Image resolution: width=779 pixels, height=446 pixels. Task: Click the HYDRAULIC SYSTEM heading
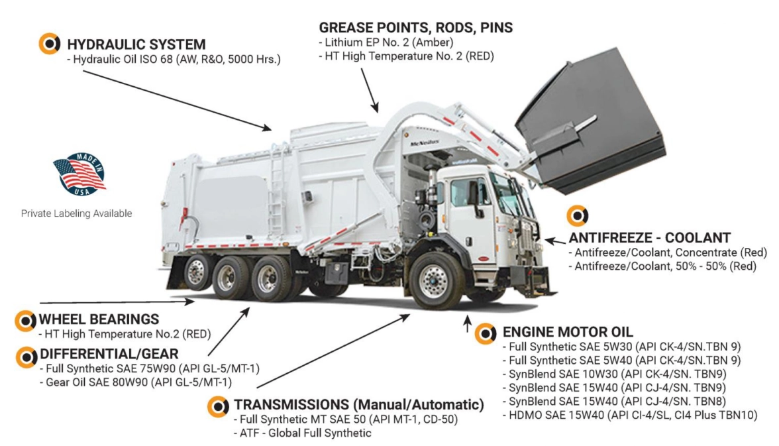click(136, 44)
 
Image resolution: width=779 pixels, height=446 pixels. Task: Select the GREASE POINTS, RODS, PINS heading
click(416, 28)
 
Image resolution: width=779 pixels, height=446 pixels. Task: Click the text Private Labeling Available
click(76, 213)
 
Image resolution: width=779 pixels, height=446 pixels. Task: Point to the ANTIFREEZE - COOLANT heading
click(650, 237)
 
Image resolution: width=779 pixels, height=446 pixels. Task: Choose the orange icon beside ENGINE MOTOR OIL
click(486, 332)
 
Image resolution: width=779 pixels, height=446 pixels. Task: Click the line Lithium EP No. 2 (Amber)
click(386, 43)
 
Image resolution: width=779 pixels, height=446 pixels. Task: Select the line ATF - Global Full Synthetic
click(303, 433)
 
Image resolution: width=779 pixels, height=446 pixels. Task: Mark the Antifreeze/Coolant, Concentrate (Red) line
click(667, 252)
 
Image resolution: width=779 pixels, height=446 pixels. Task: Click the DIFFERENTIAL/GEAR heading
click(109, 354)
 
